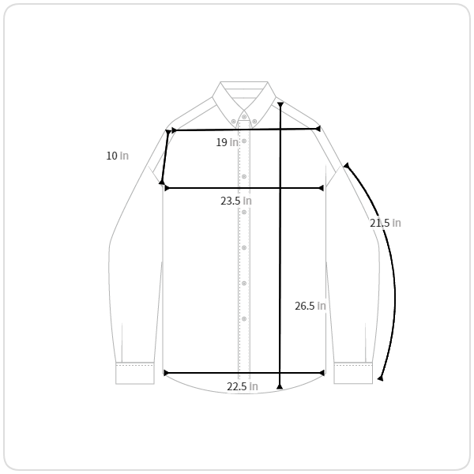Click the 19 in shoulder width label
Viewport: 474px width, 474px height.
pos(227,142)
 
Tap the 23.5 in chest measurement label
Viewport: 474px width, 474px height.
pos(235,201)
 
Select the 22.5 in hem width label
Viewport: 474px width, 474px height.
pos(243,386)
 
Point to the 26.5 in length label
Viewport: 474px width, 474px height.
pos(310,306)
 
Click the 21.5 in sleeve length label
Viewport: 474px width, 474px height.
pos(386,223)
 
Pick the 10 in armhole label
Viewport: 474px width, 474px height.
pos(117,156)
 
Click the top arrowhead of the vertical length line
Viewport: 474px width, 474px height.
pos(280,104)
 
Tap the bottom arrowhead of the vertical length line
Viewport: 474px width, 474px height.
pos(280,386)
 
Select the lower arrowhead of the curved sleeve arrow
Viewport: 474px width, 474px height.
pos(381,378)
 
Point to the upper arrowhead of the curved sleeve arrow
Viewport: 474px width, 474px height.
pos(347,166)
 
